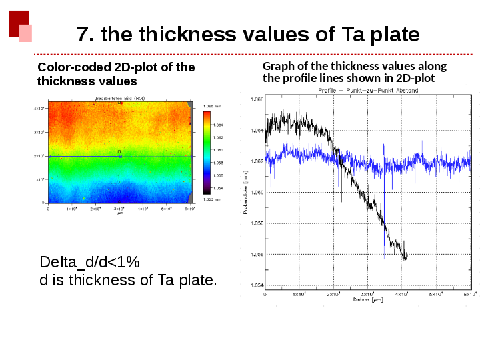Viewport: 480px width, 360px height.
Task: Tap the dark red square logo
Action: [x=18, y=23]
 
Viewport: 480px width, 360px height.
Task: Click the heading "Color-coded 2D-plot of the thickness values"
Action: [x=116, y=73]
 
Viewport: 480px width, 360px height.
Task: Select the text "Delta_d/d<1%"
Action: [x=89, y=261]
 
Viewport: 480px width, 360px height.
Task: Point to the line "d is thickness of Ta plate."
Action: [x=129, y=279]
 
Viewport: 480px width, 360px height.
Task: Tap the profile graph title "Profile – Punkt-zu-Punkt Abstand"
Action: [x=368, y=90]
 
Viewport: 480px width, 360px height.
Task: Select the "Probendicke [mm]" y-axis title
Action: [x=246, y=193]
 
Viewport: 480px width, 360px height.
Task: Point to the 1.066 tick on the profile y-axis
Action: [x=257, y=99]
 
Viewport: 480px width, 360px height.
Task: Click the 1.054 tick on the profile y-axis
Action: [x=257, y=285]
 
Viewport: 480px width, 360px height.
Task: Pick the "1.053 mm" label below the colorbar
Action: [x=213, y=200]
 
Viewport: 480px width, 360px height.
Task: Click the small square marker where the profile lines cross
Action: [x=119, y=156]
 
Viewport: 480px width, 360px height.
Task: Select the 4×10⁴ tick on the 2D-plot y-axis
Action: [x=39, y=108]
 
